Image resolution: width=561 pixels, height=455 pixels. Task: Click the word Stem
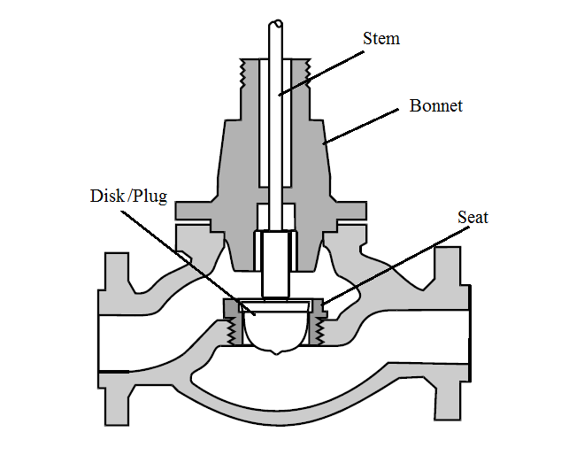380,38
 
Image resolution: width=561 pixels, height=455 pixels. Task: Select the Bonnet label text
435,106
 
